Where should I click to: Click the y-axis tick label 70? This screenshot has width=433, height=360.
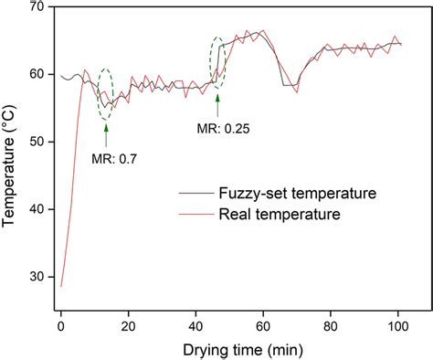pyautogui.click(x=37, y=7)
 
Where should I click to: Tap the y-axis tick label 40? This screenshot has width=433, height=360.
pyautogui.click(x=37, y=209)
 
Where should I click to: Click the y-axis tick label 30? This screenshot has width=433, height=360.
pyautogui.click(x=37, y=276)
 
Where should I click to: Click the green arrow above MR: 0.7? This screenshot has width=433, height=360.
pyautogui.click(x=106, y=137)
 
